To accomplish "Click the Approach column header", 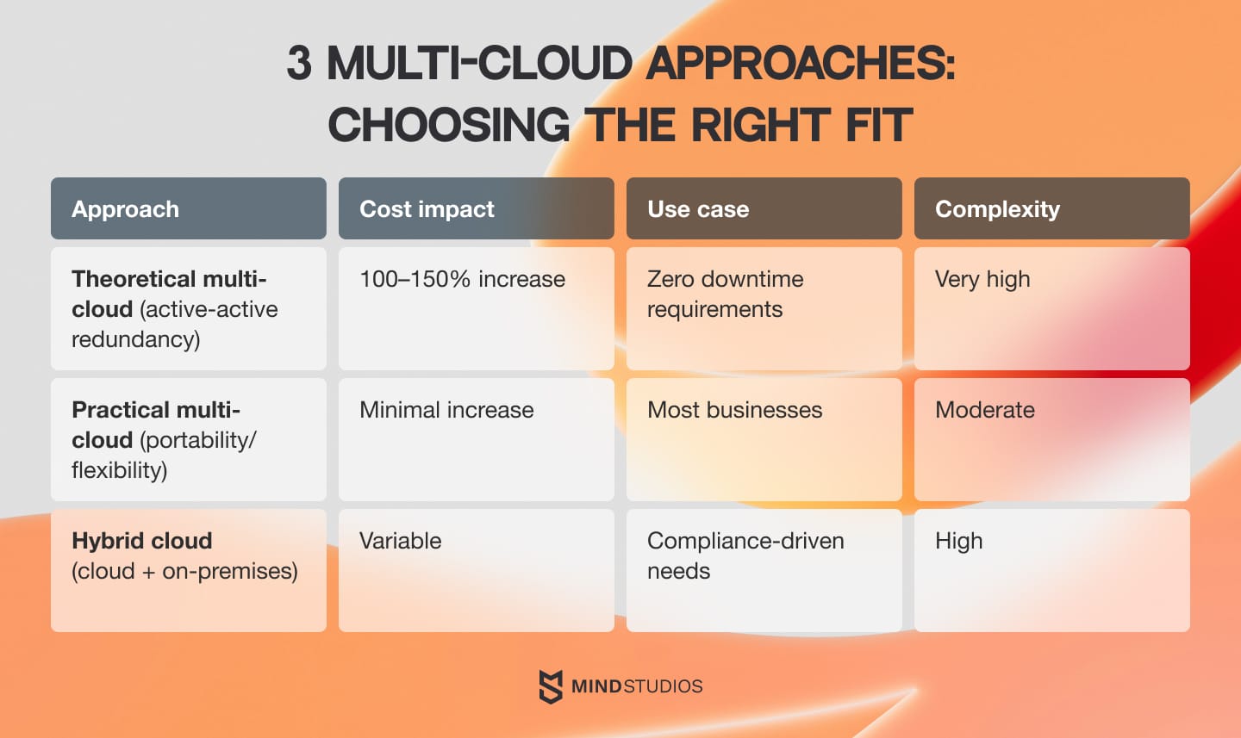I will pyautogui.click(x=188, y=208).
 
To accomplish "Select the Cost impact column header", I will pyautogui.click(x=476, y=208).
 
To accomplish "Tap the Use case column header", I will pyautogui.click(x=764, y=208).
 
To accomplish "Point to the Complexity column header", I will pyautogui.click(x=1051, y=208).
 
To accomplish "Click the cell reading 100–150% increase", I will pyautogui.click(x=476, y=307).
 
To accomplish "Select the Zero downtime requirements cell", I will pyautogui.click(x=764, y=307).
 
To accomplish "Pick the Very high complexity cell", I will pyautogui.click(x=1051, y=307).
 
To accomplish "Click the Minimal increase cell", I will pyautogui.click(x=476, y=438).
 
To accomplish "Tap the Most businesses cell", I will pyautogui.click(x=764, y=438).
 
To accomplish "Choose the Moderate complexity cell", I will pyautogui.click(x=1051, y=438).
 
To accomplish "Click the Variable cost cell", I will pyautogui.click(x=476, y=569).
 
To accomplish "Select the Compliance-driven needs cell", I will pyautogui.click(x=764, y=569).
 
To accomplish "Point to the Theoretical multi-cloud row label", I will pyautogui.click(x=188, y=307).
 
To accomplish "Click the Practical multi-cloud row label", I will pyautogui.click(x=188, y=438).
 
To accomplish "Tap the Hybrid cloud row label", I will pyautogui.click(x=188, y=569).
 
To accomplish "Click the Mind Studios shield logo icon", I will pyautogui.click(x=551, y=686).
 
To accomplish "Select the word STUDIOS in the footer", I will pyautogui.click(x=663, y=686).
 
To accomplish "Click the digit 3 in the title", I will pyautogui.click(x=299, y=64).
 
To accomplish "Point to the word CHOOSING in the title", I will pyautogui.click(x=448, y=126).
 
